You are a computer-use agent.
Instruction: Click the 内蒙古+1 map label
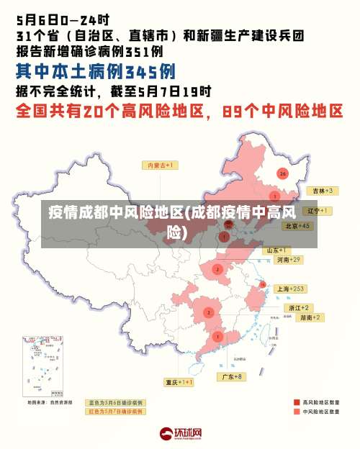pos(162,165)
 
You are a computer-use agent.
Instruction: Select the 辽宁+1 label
pos(318,211)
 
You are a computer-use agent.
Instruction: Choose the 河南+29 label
pos(288,259)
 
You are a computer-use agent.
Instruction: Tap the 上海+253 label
pos(290,289)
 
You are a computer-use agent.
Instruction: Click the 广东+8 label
pos(231,376)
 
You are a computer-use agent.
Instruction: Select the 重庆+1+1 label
pos(179,382)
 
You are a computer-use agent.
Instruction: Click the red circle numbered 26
pos(282,174)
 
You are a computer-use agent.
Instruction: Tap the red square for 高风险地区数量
pos(296,402)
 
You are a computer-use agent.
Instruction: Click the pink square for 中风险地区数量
pos(296,412)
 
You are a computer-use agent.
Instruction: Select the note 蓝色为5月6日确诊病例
pos(115,402)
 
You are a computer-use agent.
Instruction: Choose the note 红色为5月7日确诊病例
pos(115,412)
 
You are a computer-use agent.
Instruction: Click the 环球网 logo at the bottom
pos(180,433)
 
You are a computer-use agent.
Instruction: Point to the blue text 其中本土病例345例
pos(96,72)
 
